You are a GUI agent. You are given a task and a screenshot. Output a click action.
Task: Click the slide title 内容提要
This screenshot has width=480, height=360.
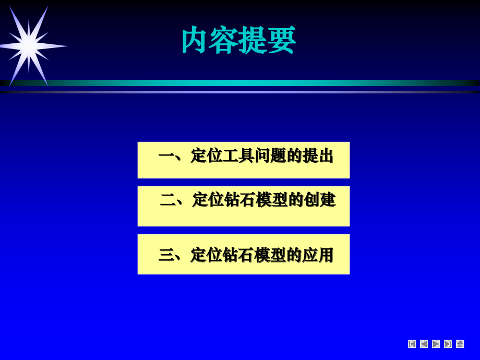click(238, 41)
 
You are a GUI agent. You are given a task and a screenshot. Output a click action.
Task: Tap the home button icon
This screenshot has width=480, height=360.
click(460, 344)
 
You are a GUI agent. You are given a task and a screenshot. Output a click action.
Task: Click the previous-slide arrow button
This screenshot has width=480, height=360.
click(424, 344)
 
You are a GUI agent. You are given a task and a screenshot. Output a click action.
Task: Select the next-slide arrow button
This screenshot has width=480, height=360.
click(436, 344)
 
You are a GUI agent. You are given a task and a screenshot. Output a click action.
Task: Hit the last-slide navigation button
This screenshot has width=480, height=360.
click(448, 344)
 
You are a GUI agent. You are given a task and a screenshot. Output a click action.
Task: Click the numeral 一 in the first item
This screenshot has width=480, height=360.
click(165, 156)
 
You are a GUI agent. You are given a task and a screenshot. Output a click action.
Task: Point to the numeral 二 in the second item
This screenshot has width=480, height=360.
click(167, 200)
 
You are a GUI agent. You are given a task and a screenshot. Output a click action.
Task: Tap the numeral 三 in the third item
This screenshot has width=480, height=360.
click(166, 255)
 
